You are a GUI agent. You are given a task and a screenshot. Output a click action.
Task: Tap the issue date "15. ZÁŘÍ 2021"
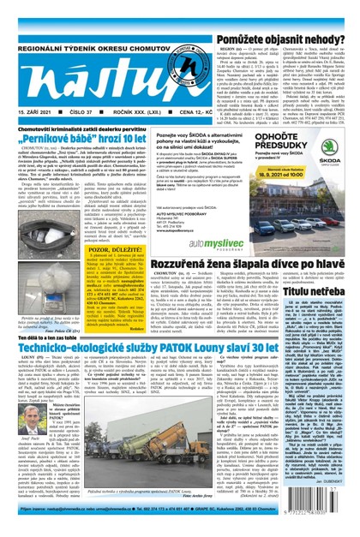pos(32,112)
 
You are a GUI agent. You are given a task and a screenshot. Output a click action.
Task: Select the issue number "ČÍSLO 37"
pos(82,112)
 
